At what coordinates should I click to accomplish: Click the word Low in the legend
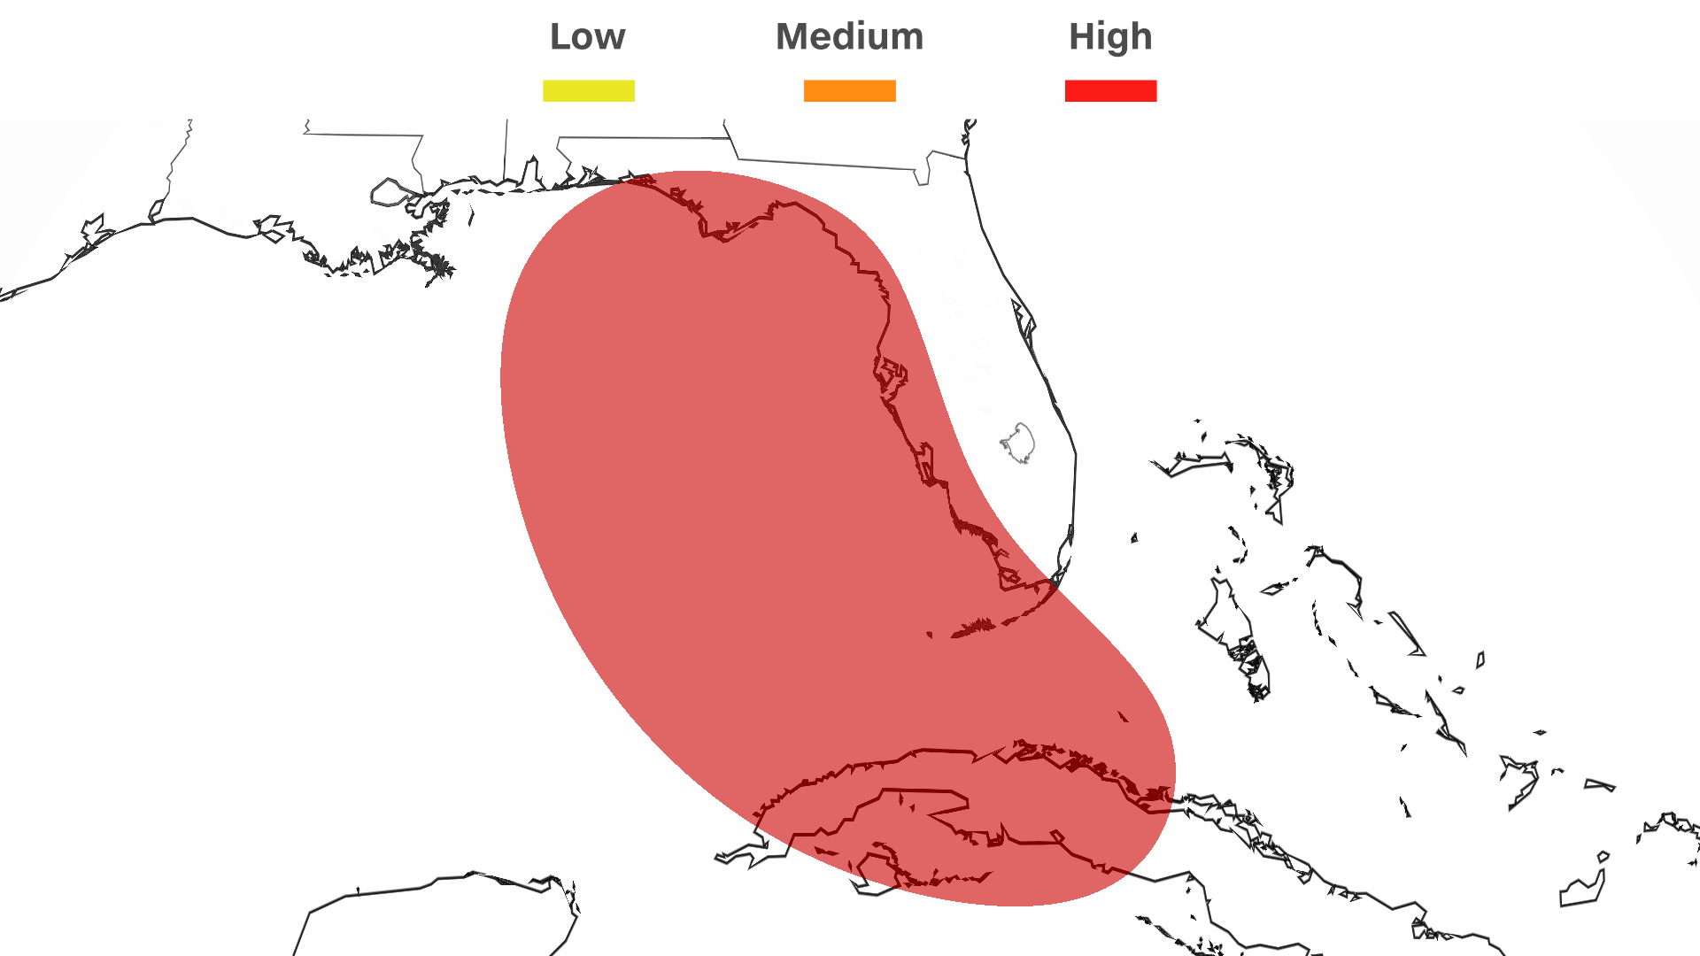click(x=587, y=37)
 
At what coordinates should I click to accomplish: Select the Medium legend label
click(x=849, y=37)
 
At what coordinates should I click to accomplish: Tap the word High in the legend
click(x=1110, y=37)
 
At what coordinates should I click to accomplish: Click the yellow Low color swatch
click(x=588, y=91)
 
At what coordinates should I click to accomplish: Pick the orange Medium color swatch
click(x=849, y=91)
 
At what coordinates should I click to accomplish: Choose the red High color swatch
click(x=1110, y=91)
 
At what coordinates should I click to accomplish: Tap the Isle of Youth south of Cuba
click(x=877, y=867)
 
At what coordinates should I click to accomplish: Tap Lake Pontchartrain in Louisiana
click(x=390, y=192)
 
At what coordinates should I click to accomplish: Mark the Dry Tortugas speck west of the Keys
click(x=929, y=634)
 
